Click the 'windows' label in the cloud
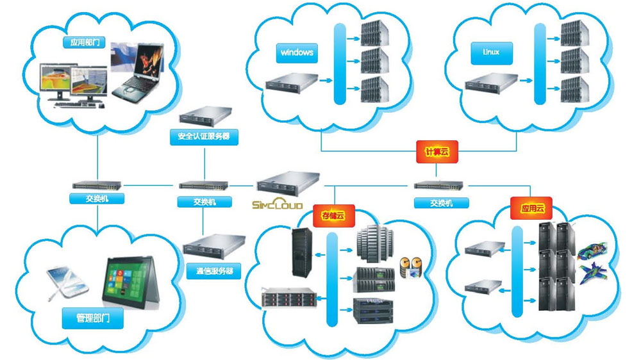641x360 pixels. (x=297, y=52)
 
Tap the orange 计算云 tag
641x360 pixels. (x=435, y=152)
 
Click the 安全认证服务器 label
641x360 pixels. (x=203, y=136)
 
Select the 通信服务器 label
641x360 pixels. (x=210, y=271)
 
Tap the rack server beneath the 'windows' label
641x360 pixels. (x=292, y=83)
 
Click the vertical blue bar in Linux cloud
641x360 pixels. (x=539, y=63)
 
